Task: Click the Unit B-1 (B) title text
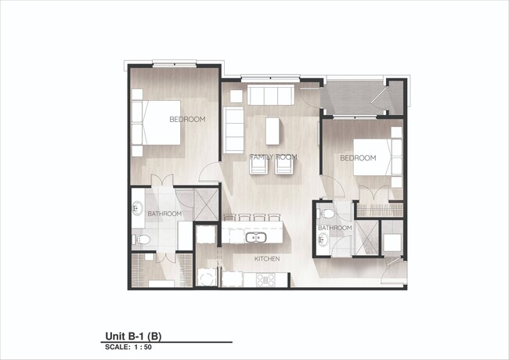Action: click(x=133, y=337)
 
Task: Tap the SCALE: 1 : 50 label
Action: click(x=128, y=347)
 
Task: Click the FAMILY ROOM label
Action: click(x=273, y=157)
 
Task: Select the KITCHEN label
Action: click(x=267, y=259)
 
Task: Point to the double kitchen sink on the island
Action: click(x=256, y=237)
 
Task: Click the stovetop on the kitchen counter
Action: click(x=265, y=279)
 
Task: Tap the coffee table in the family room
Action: click(x=273, y=131)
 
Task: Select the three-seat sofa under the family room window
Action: click(x=271, y=95)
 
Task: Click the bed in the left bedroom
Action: click(x=156, y=123)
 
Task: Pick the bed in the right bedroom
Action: click(x=377, y=157)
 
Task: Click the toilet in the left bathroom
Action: click(x=142, y=239)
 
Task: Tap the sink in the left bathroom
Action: click(x=138, y=208)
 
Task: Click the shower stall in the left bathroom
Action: click(x=206, y=204)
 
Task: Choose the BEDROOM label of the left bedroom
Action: click(x=187, y=120)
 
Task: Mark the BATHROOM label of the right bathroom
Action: click(x=334, y=228)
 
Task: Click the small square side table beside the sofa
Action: click(x=236, y=96)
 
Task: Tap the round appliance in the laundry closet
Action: click(x=207, y=278)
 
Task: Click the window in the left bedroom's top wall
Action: click(x=175, y=63)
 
